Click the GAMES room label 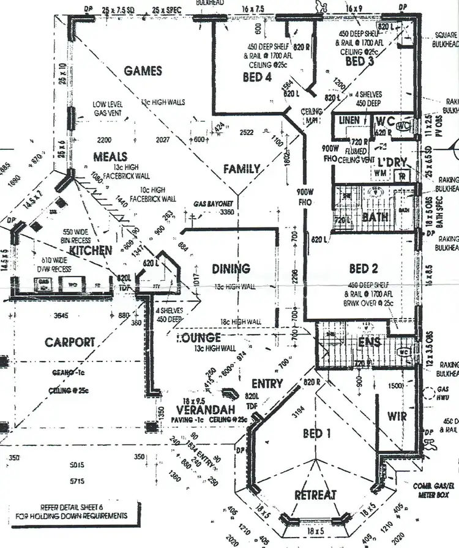(143, 71)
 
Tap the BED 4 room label (257, 77)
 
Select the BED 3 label (359, 62)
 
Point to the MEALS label (110, 157)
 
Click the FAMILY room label (241, 169)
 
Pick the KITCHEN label (91, 251)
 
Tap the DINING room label (231, 268)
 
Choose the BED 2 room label (363, 268)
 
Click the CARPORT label (70, 342)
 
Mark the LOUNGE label (198, 338)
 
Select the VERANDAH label (198, 409)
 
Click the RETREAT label (315, 495)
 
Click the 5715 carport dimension (76, 481)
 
